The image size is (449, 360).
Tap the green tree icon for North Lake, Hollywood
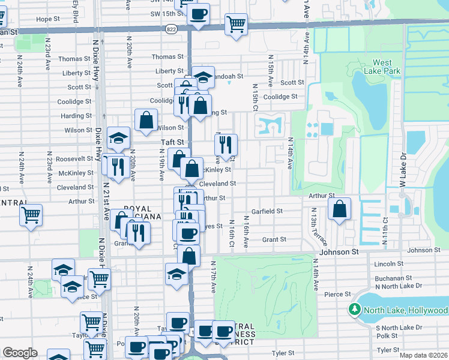point(354,310)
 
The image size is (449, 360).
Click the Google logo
point(20,352)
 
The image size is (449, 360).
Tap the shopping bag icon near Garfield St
point(339,209)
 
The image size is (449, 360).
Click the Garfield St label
point(267,211)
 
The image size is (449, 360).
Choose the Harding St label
point(76,116)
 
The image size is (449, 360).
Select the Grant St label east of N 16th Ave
point(274,239)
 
